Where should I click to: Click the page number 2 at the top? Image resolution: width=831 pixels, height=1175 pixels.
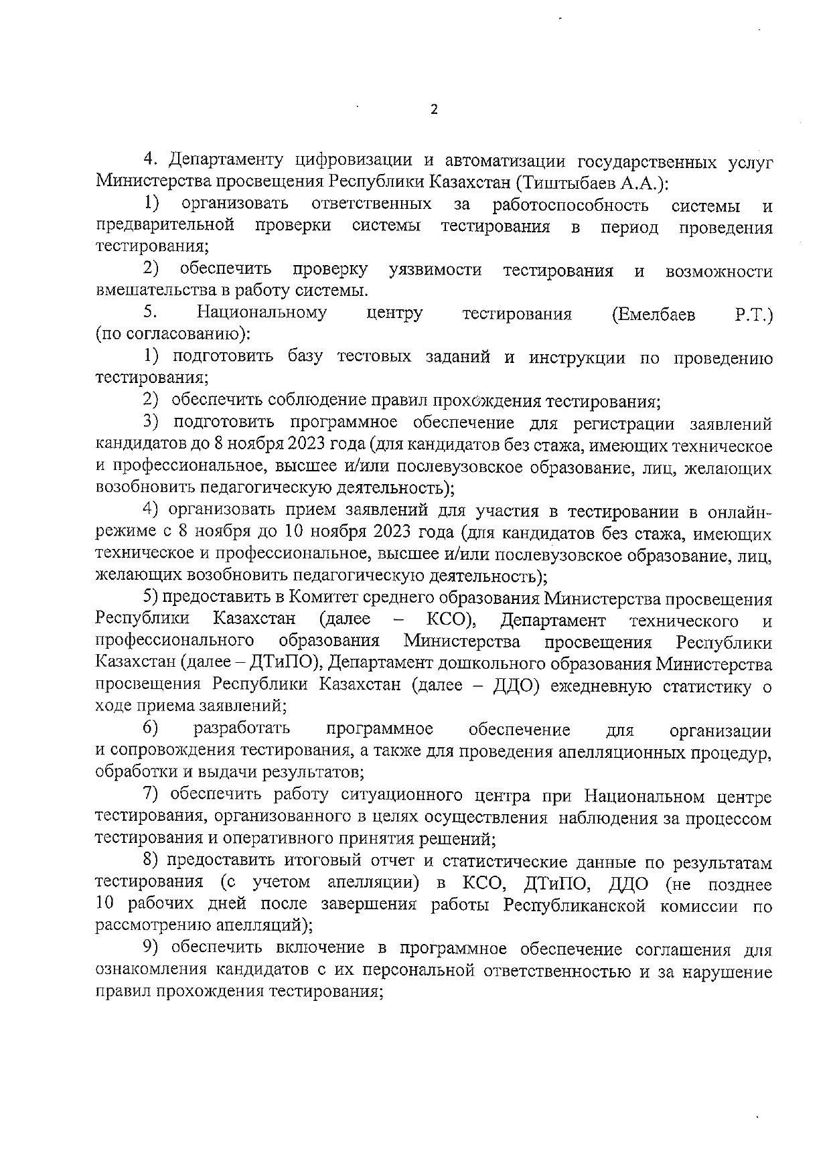click(434, 110)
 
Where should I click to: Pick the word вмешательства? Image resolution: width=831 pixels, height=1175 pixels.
click(153, 291)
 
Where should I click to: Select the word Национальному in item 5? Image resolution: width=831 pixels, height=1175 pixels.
click(262, 313)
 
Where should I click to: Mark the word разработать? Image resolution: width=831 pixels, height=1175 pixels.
click(242, 729)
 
